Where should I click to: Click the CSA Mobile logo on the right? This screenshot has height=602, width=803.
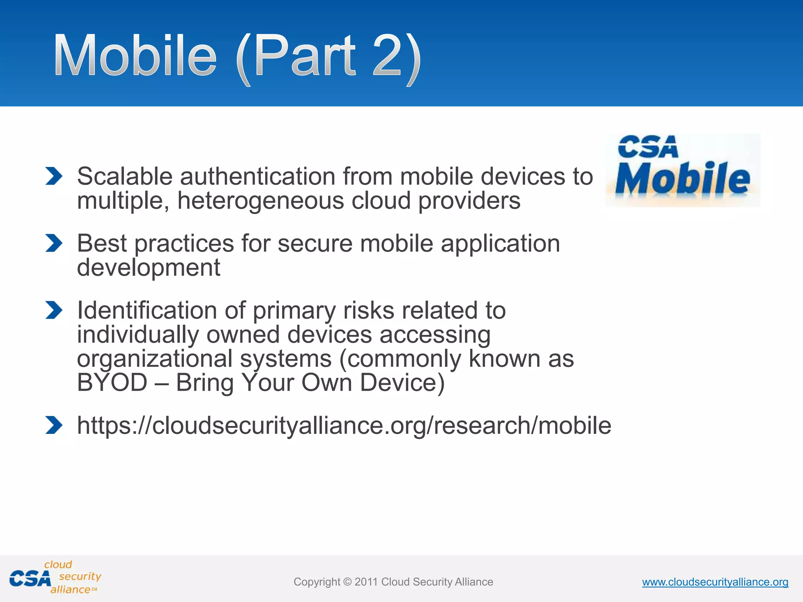[683, 170]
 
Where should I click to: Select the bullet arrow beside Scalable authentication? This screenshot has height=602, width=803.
[54, 176]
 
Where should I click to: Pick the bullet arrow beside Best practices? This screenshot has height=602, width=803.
[54, 243]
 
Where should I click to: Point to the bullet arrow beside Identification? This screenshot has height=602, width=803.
[54, 310]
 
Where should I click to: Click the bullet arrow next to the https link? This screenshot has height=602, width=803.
[54, 425]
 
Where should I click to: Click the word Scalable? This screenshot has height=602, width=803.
[124, 176]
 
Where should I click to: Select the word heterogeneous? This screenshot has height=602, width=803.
[260, 201]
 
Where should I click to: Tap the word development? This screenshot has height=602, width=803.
[149, 268]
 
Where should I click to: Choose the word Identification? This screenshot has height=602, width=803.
[147, 310]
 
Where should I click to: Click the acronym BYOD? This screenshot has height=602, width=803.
[112, 383]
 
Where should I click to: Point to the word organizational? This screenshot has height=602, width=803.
[155, 359]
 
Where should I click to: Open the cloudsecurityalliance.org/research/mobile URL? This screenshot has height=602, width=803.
[344, 425]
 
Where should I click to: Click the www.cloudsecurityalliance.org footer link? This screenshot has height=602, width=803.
[715, 582]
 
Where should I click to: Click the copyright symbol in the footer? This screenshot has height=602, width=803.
[347, 582]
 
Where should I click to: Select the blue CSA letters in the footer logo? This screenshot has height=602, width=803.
[30, 579]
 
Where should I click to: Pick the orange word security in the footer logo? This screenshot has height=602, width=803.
[80, 576]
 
